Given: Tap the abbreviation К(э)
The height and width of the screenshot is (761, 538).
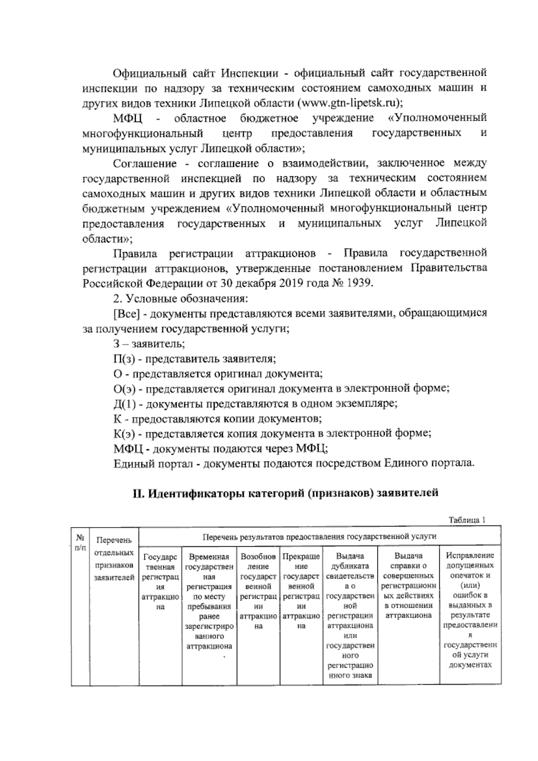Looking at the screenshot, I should (x=125, y=434).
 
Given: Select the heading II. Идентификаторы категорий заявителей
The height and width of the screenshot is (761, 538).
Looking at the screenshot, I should (x=285, y=494).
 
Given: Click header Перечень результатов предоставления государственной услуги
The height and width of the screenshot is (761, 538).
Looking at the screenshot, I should (x=319, y=536).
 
